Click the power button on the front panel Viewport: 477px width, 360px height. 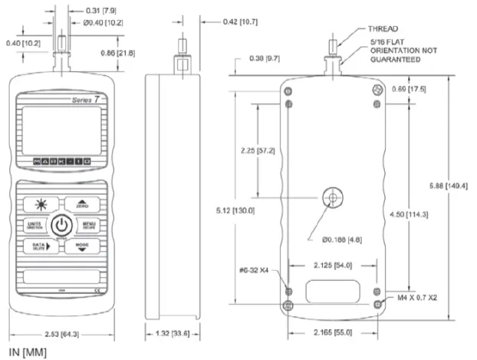point(62,225)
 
